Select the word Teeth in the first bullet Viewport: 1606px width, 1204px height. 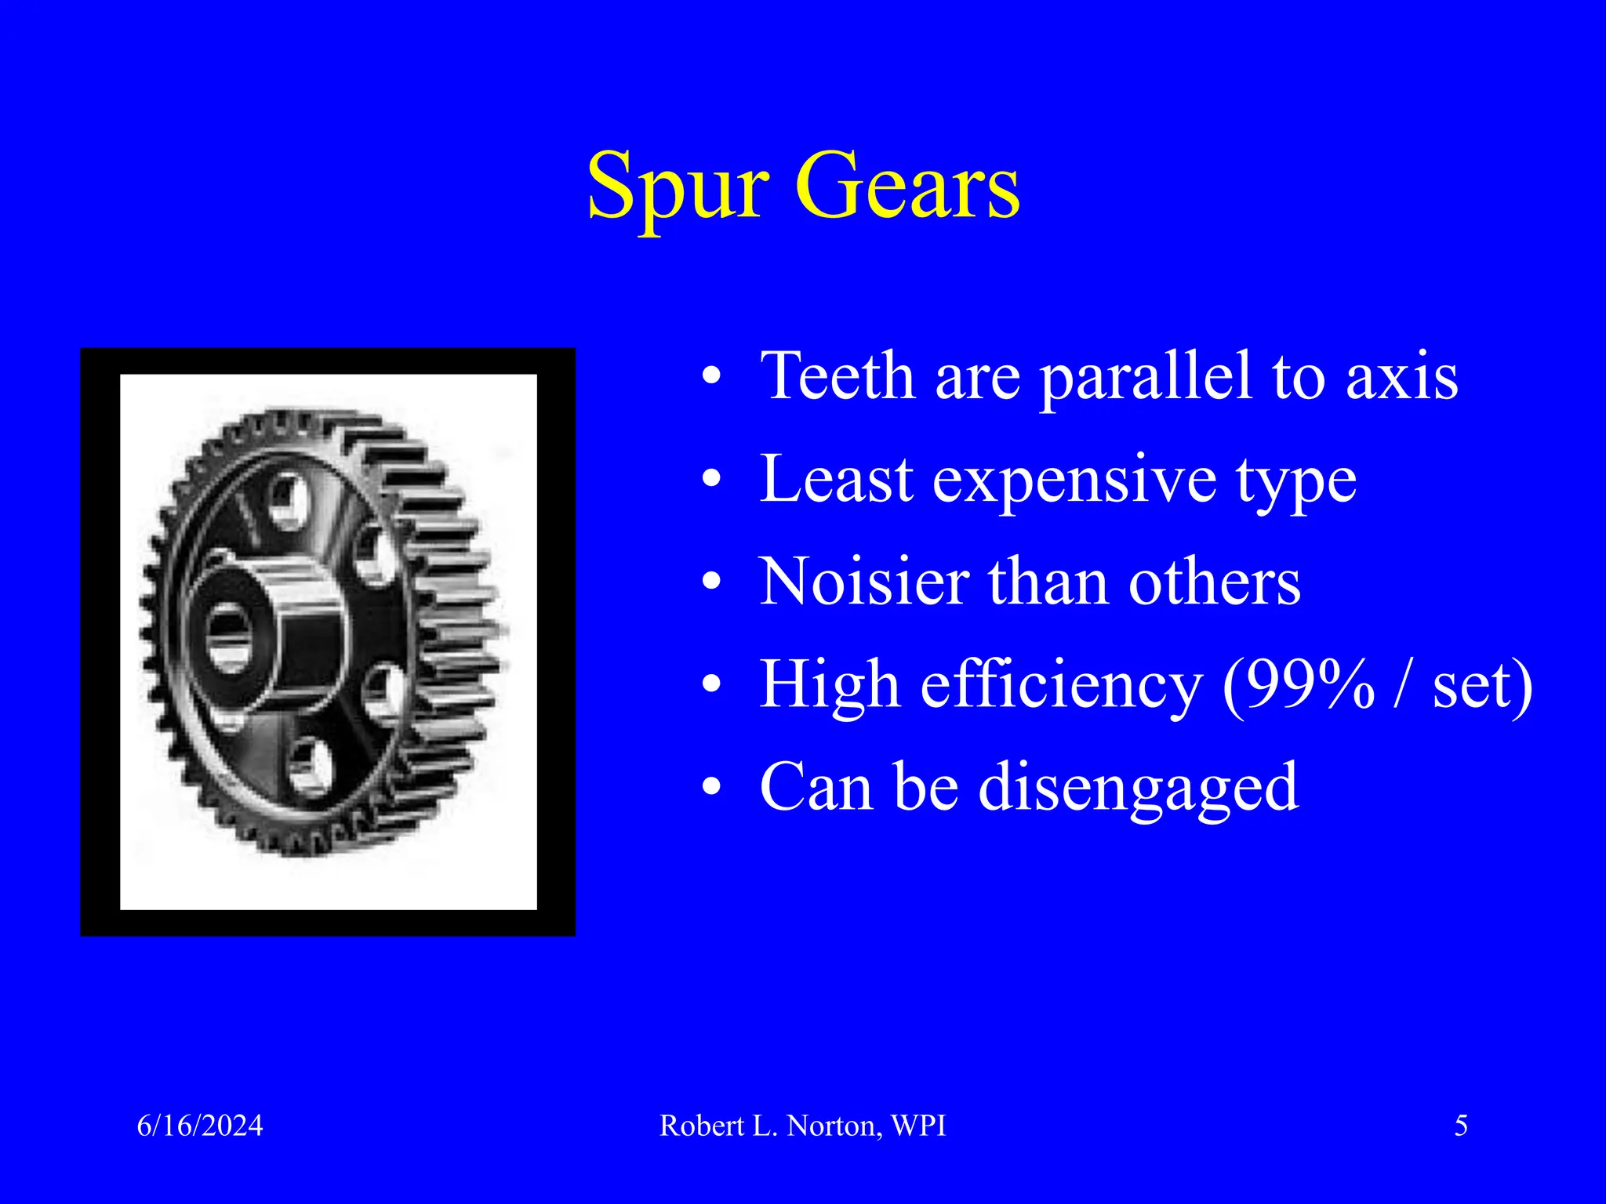pyautogui.click(x=838, y=376)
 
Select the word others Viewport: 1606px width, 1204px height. pyautogui.click(x=1215, y=583)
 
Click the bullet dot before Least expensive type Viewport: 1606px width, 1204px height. pyautogui.click(x=711, y=480)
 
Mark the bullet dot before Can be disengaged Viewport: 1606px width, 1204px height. pyautogui.click(x=711, y=787)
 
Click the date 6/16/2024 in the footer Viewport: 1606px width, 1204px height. pyautogui.click(x=200, y=1126)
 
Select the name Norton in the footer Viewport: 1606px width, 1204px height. pyautogui.click(x=832, y=1126)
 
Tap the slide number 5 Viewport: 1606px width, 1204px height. pyautogui.click(x=1461, y=1126)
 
